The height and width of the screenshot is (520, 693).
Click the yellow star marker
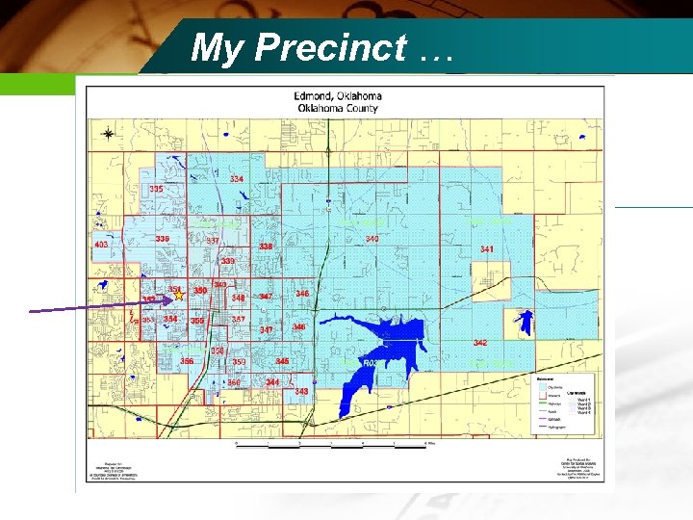[x=179, y=296]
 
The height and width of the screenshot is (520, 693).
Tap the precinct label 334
[x=236, y=179]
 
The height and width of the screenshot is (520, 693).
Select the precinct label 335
[x=156, y=190]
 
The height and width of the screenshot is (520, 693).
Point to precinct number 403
[x=101, y=246]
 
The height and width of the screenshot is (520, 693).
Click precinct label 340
[x=372, y=239]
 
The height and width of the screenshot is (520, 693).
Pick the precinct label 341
[x=487, y=249]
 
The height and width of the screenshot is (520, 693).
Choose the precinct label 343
[x=301, y=391]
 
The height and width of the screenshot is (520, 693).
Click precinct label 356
[x=187, y=361]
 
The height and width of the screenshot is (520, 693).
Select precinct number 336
[x=163, y=239]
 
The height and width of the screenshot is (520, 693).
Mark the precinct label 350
[x=200, y=290]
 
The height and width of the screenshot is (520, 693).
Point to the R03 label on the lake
[x=372, y=363]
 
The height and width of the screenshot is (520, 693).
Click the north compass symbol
[x=108, y=134]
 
